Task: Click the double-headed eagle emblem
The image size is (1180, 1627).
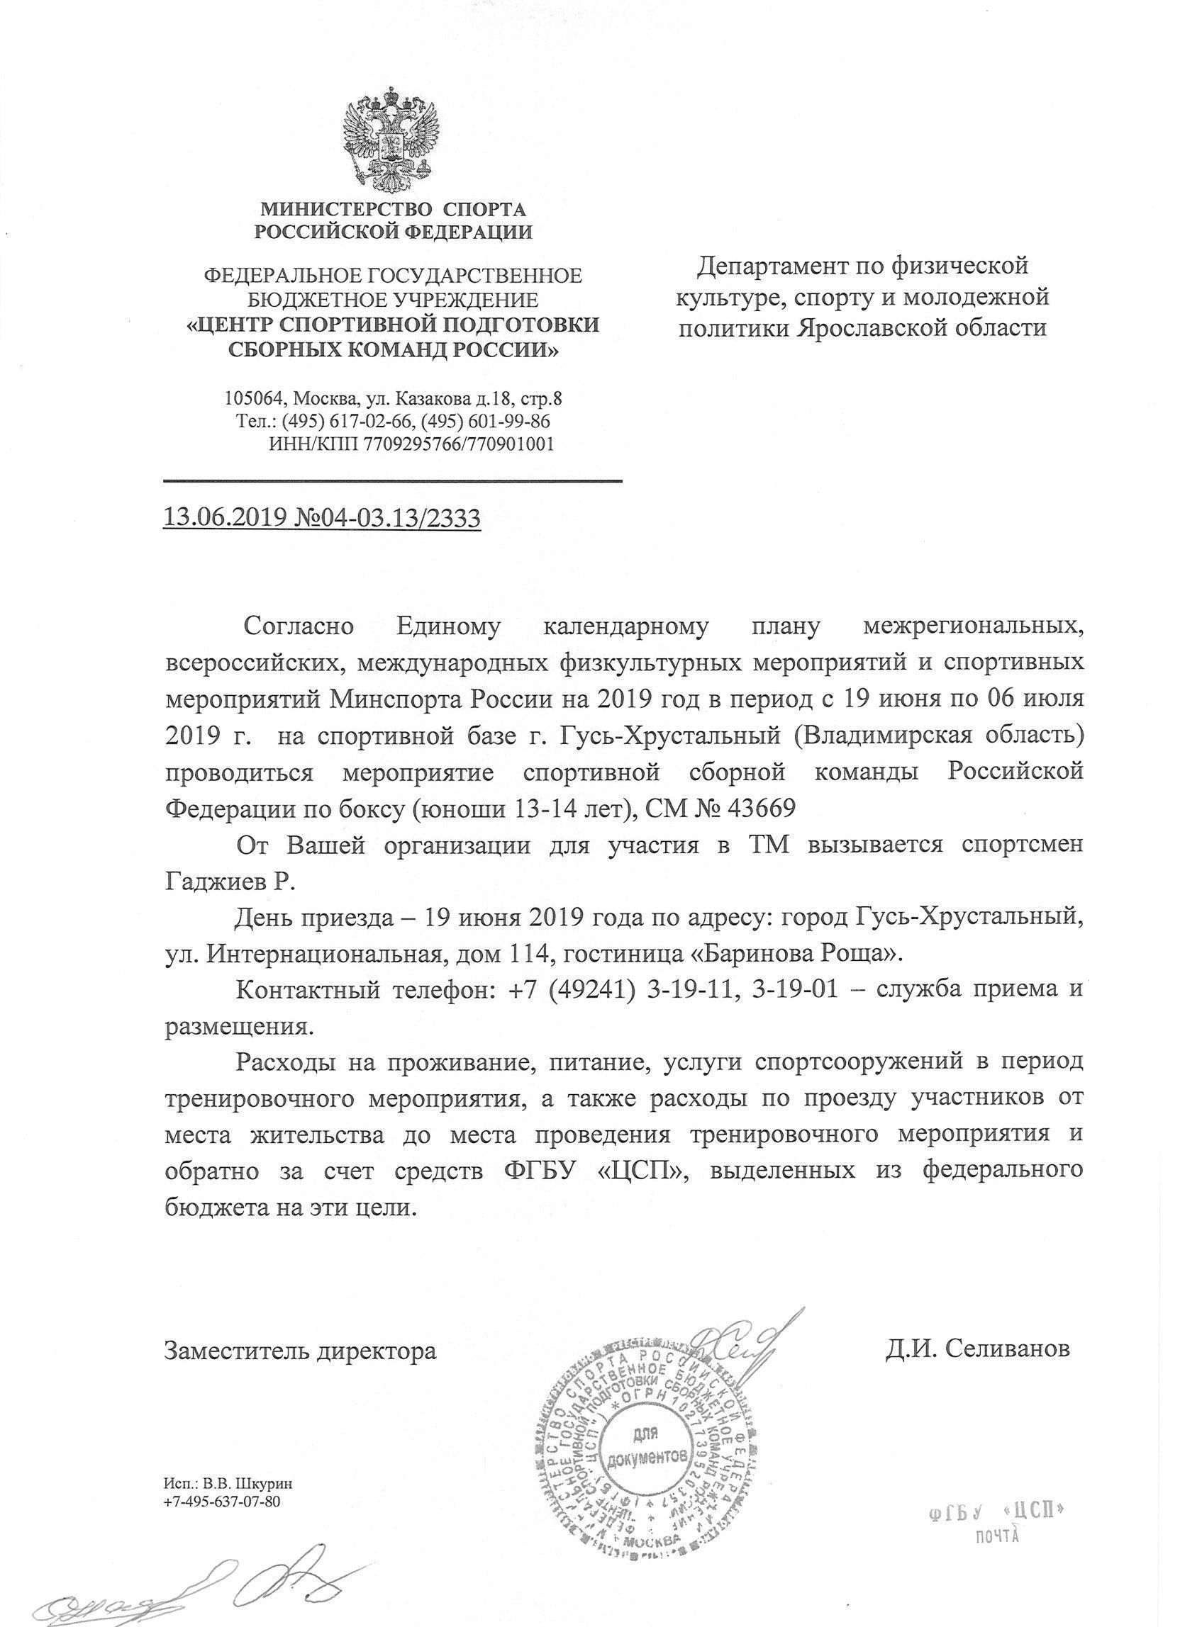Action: point(392,137)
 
